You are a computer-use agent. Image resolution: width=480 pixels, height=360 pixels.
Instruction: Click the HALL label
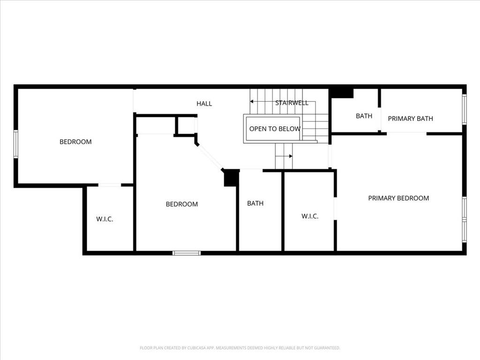(x=204, y=104)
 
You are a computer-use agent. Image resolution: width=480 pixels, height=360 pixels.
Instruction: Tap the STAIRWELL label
(x=292, y=103)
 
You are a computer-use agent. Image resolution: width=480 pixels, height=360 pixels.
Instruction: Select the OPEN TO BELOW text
(x=275, y=129)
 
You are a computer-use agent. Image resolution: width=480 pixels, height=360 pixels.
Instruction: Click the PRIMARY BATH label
(x=411, y=119)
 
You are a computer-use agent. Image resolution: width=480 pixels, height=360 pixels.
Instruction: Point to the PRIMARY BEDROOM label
(x=398, y=198)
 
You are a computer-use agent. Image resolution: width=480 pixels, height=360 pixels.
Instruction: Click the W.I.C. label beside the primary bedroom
(x=310, y=216)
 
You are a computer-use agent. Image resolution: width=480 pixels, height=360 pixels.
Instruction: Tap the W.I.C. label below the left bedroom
(x=105, y=219)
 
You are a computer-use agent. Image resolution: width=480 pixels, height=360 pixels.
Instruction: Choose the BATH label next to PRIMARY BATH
(x=364, y=116)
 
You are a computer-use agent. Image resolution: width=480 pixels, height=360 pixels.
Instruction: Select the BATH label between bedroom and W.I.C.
(x=255, y=203)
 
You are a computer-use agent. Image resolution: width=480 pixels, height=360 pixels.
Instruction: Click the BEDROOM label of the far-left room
(x=75, y=142)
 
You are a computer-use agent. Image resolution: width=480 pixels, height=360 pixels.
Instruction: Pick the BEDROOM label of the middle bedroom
(x=182, y=204)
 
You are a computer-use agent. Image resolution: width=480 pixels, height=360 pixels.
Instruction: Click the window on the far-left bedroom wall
(x=15, y=144)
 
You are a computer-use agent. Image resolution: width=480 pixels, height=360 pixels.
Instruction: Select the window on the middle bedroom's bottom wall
(x=187, y=253)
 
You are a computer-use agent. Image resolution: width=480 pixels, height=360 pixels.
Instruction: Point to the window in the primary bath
(x=464, y=109)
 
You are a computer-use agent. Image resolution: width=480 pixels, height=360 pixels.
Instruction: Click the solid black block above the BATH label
(x=341, y=93)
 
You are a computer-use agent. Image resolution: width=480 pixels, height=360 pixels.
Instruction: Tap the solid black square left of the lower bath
(x=232, y=178)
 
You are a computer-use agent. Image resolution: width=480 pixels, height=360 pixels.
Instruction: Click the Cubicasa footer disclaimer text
(x=240, y=348)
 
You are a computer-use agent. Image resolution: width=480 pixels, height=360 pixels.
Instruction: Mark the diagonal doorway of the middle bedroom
(x=210, y=157)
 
